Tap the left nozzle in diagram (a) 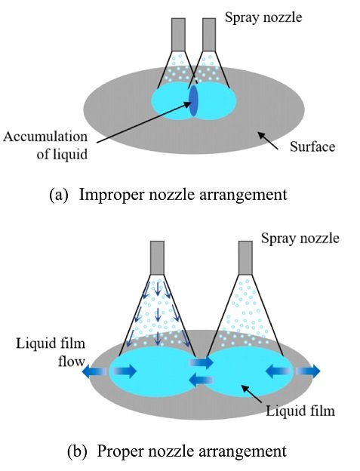click(x=178, y=35)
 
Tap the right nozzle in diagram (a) click(x=209, y=35)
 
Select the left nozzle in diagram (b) click(x=157, y=257)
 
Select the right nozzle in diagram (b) click(x=245, y=257)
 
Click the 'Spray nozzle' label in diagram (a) click(x=263, y=17)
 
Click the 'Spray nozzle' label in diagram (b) click(x=300, y=239)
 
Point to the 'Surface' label click(x=312, y=147)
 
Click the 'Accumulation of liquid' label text click(x=45, y=146)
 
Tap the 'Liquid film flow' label click(x=51, y=352)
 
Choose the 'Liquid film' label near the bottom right click(x=300, y=411)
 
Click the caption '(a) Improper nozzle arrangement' click(x=168, y=195)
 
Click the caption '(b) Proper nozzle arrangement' click(x=177, y=451)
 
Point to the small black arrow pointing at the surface click(x=268, y=141)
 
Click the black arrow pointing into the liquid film click(x=252, y=394)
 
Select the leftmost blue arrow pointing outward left click(x=94, y=372)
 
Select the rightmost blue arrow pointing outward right click(x=308, y=371)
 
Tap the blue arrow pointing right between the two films click(x=201, y=362)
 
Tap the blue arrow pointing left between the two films click(x=201, y=380)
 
